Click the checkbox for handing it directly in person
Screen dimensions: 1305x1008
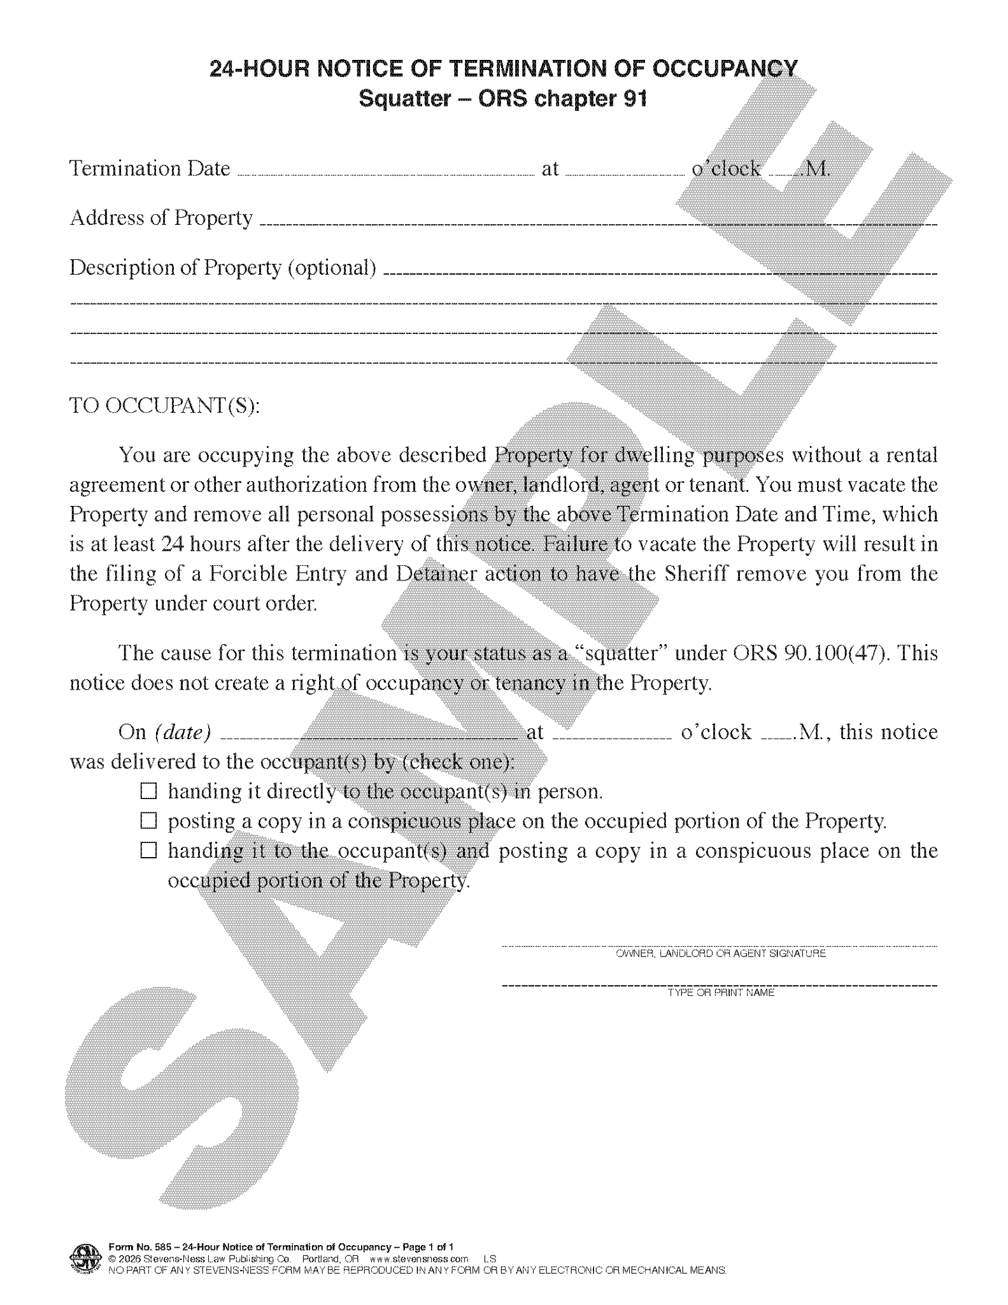tap(148, 791)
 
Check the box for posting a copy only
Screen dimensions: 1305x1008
tap(148, 821)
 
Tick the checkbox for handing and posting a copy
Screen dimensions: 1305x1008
tap(148, 851)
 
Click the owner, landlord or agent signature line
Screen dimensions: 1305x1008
tap(720, 946)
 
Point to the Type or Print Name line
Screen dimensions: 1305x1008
tap(720, 985)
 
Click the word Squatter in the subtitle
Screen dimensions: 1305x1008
tap(404, 99)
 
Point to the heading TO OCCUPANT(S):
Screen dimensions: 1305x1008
tap(164, 405)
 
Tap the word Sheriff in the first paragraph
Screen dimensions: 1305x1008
tap(696, 573)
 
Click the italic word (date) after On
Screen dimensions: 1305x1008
tap(183, 732)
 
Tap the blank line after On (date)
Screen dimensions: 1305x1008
tap(369, 737)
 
